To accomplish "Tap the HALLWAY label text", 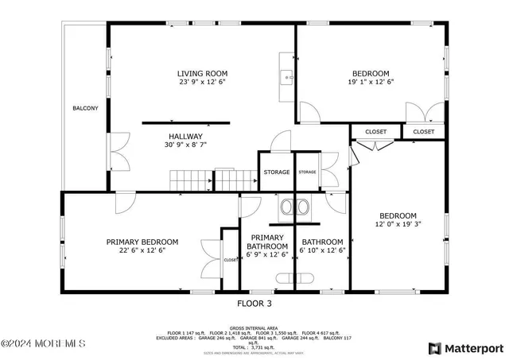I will tap(185, 136).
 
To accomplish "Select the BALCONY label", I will tap(85, 108).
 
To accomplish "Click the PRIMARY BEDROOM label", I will tap(142, 242).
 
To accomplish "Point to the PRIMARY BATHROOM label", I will tap(268, 242).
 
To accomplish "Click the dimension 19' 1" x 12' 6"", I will tap(371, 81).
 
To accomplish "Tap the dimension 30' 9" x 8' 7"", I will tap(185, 145).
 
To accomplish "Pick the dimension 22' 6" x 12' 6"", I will tap(142, 250).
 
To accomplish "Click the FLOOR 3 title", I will tap(254, 303).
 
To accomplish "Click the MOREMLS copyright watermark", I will tap(43, 344).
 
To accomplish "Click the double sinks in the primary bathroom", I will tap(294, 207).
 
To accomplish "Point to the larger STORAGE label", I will tap(277, 172).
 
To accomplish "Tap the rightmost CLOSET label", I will tap(424, 132).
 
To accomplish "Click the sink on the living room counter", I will tap(286, 76).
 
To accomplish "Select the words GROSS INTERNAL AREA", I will tap(254, 327).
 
